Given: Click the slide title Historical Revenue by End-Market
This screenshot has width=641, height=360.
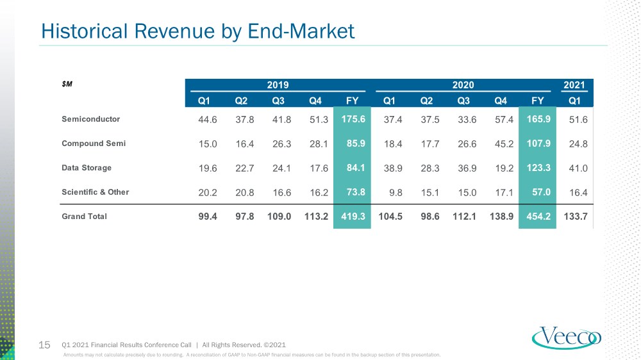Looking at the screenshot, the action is point(198,31).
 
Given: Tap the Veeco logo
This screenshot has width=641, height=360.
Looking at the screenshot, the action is point(567,338).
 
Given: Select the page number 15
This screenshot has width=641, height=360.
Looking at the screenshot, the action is point(44,345).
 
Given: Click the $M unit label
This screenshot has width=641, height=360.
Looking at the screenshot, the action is point(67,84).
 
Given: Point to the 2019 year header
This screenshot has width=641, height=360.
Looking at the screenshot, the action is point(278,85).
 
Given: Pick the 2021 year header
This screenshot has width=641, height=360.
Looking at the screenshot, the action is point(574,85).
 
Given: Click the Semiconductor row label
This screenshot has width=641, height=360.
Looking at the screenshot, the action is point(91,119).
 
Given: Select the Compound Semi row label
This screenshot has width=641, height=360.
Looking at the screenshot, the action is point(94,143).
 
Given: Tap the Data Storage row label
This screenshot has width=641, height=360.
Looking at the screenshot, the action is point(87,168).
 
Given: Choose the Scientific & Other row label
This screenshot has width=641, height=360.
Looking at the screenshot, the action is point(96,192).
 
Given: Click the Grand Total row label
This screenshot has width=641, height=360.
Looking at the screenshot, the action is point(84,216).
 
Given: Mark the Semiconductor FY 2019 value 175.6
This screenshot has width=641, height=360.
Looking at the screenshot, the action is point(353,119).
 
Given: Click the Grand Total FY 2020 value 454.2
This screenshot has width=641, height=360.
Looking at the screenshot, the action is point(538,216).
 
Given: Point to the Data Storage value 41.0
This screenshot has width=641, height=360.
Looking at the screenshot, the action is point(578,168).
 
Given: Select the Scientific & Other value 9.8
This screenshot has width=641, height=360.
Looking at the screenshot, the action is point(395,192).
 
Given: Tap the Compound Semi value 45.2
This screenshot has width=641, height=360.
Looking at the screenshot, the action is point(504,144).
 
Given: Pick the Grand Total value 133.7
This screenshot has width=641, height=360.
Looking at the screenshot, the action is point(576,216).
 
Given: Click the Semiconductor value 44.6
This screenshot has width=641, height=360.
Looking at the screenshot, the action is point(208,119).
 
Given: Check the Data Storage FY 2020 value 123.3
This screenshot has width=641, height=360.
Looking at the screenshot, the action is point(538,168).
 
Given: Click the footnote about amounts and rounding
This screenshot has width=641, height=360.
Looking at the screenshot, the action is point(252,355).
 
